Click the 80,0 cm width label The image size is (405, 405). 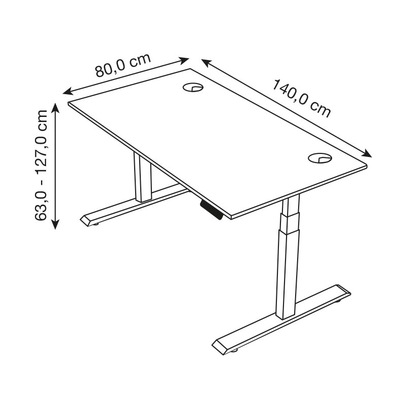pyautogui.click(x=123, y=65)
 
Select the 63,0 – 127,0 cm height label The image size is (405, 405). pyautogui.click(x=41, y=166)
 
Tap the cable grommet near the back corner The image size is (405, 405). pyautogui.click(x=193, y=87)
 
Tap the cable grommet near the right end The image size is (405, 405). pyautogui.click(x=320, y=158)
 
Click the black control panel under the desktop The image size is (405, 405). pyautogui.click(x=211, y=210)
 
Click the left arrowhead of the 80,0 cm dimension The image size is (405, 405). pyautogui.click(x=68, y=91)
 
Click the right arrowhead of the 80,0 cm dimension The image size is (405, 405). pyautogui.click(x=184, y=60)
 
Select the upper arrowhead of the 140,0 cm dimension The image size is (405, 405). pyautogui.click(x=207, y=63)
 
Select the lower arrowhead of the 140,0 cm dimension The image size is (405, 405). pyautogui.click(x=367, y=153)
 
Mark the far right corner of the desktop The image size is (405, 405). pyautogui.click(x=367, y=166)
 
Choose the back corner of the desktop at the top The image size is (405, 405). pyautogui.click(x=191, y=69)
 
